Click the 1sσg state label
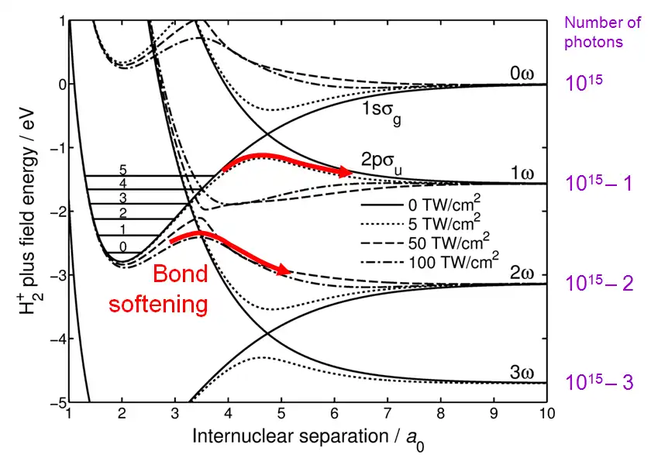(x=385, y=114)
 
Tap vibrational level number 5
(x=122, y=168)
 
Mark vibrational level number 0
(x=122, y=246)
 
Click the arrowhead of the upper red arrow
(x=345, y=171)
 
